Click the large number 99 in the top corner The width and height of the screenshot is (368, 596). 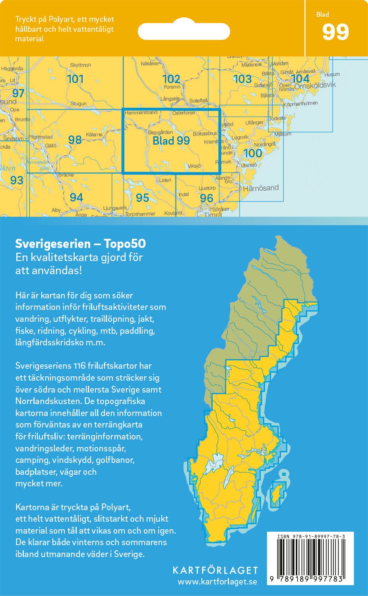click(335, 33)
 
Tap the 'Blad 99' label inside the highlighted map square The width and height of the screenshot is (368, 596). click(171, 141)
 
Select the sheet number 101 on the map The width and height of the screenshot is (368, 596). click(75, 79)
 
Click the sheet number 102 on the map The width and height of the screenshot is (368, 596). click(171, 79)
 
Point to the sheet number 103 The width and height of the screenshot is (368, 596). click(242, 79)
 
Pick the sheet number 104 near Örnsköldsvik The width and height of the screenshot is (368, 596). click(300, 79)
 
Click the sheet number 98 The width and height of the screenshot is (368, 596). click(75, 139)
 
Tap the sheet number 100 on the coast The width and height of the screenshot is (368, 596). click(253, 153)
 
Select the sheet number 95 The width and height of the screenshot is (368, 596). click(142, 197)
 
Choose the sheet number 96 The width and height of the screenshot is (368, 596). click(206, 198)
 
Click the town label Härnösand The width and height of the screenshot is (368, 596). click(261, 188)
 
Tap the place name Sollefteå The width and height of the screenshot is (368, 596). click(198, 101)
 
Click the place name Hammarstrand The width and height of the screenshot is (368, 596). click(141, 113)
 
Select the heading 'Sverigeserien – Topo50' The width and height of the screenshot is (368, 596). click(80, 244)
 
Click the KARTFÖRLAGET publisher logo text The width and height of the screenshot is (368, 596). click(215, 571)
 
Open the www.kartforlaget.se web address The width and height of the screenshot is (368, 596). click(217, 582)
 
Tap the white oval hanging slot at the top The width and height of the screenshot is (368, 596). click(184, 31)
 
